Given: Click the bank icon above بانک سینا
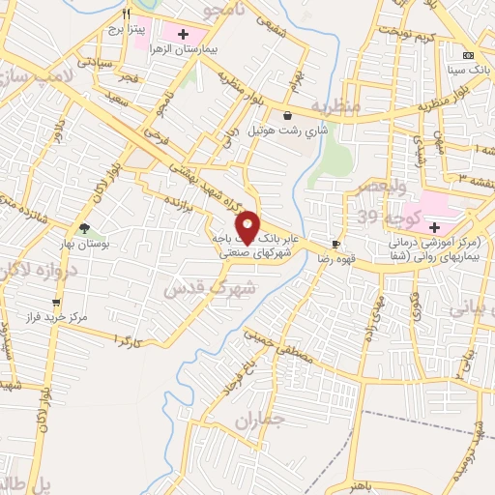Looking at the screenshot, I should [x=469, y=55].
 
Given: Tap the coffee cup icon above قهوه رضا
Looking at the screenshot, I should [x=335, y=245].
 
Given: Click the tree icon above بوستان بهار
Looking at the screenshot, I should [x=84, y=230].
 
